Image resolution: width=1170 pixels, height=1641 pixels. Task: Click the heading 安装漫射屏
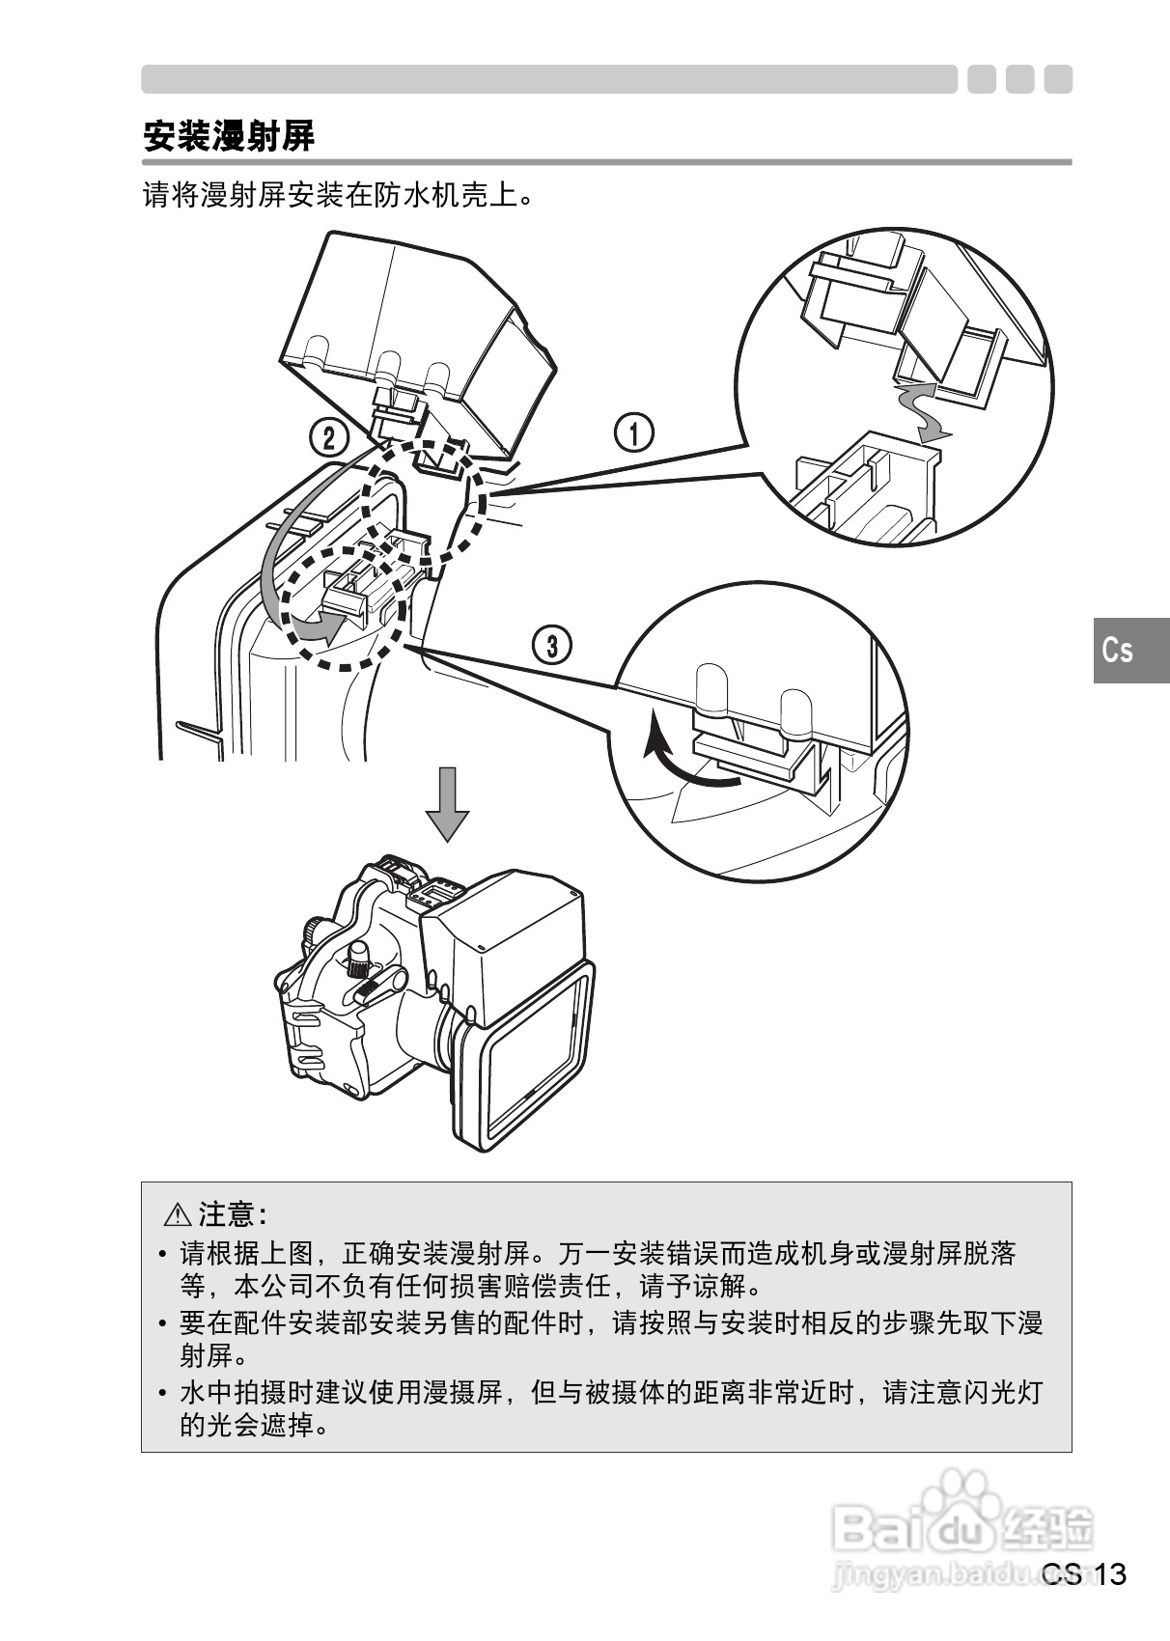pyautogui.click(x=229, y=136)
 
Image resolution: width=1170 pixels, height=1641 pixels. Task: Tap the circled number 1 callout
pyautogui.click(x=633, y=432)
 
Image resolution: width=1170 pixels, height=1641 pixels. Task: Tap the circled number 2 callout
pyautogui.click(x=328, y=438)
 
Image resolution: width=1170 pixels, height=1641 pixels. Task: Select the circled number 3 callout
pyautogui.click(x=552, y=646)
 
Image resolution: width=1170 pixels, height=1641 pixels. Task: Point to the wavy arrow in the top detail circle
pyautogui.click(x=918, y=410)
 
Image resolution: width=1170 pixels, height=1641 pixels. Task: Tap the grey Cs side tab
pyautogui.click(x=1120, y=650)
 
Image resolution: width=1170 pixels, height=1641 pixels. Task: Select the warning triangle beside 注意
pyautogui.click(x=179, y=1214)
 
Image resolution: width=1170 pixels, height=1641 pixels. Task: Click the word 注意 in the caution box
pyautogui.click(x=228, y=1214)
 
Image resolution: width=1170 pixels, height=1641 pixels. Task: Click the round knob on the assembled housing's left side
pyautogui.click(x=314, y=931)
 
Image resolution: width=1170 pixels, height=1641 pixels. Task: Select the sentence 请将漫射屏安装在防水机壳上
pyautogui.click(x=337, y=197)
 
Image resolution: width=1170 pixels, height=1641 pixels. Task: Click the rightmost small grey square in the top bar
pyautogui.click(x=1058, y=79)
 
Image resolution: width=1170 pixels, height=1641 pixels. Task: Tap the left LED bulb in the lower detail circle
pyautogui.click(x=709, y=689)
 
